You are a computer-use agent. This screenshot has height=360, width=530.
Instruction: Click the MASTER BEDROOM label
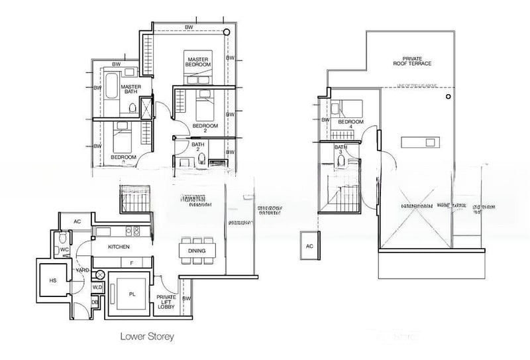(198, 62)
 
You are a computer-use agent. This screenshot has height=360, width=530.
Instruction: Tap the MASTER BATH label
(131, 90)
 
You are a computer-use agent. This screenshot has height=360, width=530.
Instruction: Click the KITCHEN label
(120, 247)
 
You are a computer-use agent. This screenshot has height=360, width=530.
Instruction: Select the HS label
(51, 280)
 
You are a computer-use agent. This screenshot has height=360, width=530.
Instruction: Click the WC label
(65, 250)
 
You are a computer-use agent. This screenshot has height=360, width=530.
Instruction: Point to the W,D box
(97, 287)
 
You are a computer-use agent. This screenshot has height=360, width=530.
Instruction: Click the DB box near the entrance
(95, 302)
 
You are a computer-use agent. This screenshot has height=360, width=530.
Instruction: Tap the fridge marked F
(131, 263)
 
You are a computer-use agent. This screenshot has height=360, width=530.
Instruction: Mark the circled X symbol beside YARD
(101, 274)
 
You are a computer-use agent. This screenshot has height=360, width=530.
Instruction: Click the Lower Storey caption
(147, 337)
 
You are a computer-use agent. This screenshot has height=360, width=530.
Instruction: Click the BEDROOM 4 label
(350, 125)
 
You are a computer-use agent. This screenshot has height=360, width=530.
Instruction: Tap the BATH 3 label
(341, 149)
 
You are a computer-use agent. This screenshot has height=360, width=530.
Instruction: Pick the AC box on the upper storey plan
(309, 245)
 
